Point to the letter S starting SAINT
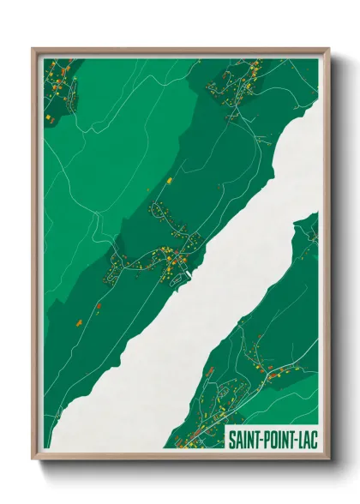pyautogui.click(x=231, y=440)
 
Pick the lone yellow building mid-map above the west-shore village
pyautogui.click(x=170, y=181)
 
